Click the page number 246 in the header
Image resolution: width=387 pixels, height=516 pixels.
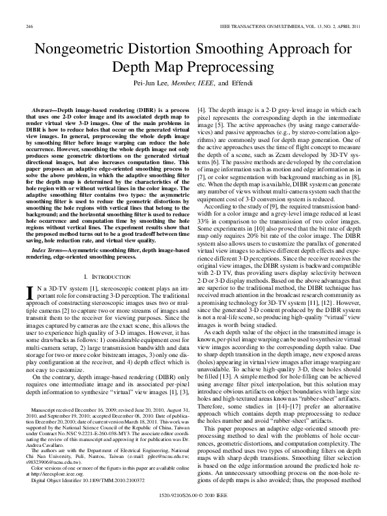29,25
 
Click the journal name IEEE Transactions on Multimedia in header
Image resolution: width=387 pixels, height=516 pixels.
263,25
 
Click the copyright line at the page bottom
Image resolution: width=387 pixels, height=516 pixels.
193,503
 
